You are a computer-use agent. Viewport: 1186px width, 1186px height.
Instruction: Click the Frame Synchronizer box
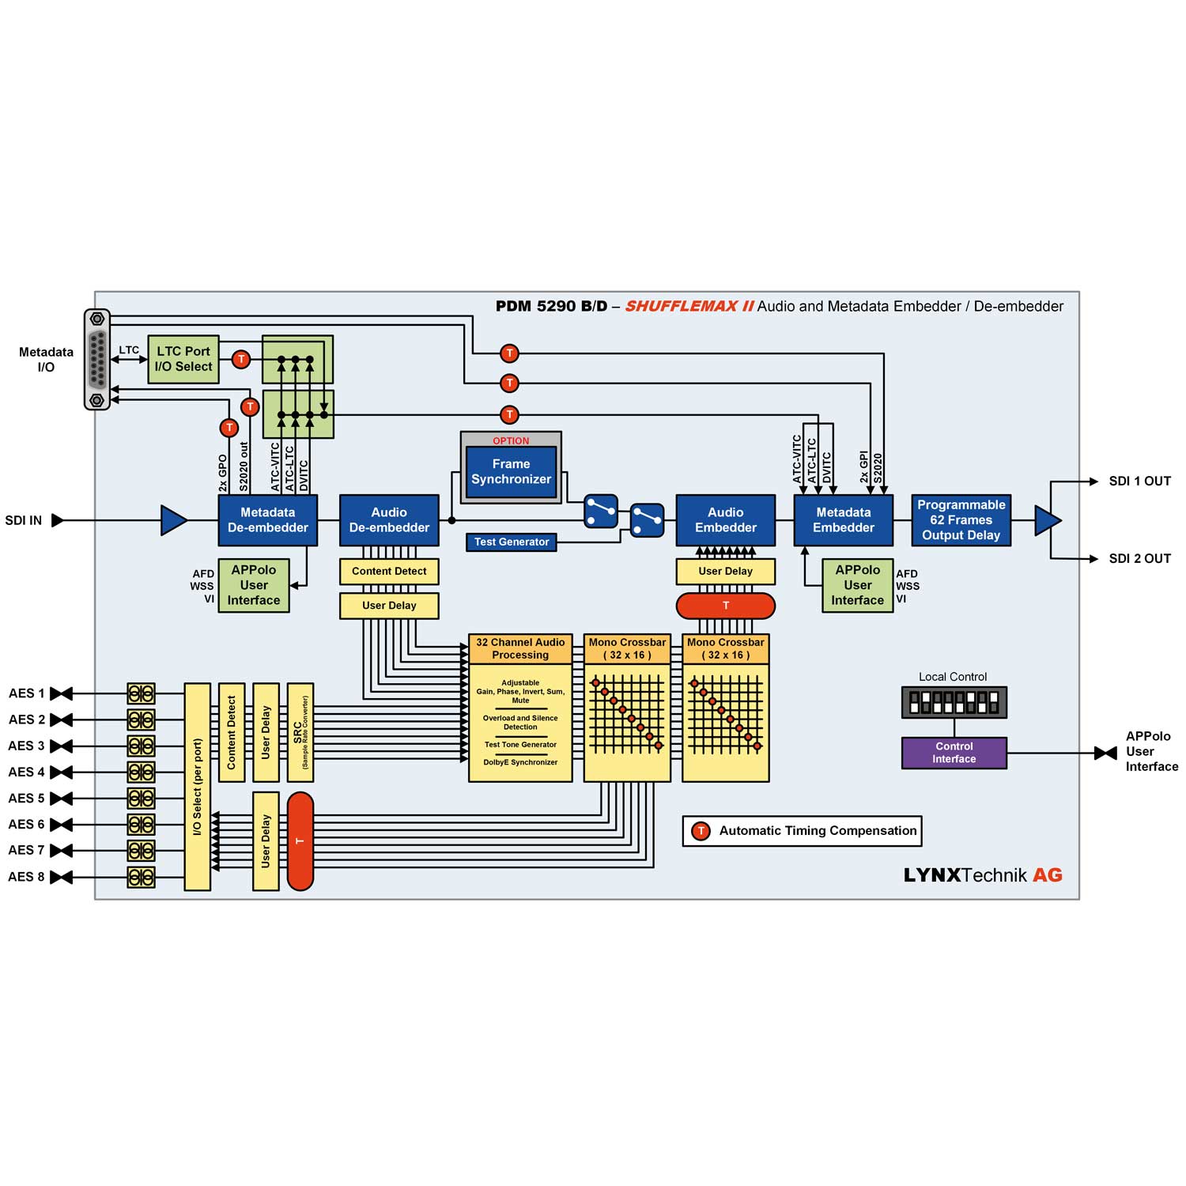(x=511, y=472)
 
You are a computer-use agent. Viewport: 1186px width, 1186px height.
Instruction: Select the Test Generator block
(x=511, y=542)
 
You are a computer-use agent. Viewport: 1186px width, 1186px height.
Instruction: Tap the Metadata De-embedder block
(x=267, y=520)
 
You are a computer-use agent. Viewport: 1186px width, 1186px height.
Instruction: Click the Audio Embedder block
(x=725, y=520)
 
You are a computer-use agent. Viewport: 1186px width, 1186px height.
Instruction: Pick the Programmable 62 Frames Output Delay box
(x=961, y=520)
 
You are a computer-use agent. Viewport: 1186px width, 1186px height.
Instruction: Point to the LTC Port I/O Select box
(x=183, y=359)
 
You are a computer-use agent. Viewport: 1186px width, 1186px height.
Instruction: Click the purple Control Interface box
(x=954, y=753)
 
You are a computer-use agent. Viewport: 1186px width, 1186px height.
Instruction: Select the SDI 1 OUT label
(x=1139, y=482)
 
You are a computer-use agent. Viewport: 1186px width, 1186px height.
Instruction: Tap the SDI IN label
(x=24, y=520)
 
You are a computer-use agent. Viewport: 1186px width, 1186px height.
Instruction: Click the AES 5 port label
(x=26, y=799)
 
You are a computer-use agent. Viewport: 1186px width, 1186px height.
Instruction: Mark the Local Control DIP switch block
(x=954, y=702)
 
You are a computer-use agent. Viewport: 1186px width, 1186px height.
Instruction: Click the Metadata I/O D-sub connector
(x=97, y=359)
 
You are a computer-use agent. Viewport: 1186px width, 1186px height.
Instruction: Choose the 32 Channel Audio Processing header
(x=520, y=649)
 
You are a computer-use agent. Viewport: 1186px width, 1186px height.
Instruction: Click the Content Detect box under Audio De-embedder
(x=389, y=572)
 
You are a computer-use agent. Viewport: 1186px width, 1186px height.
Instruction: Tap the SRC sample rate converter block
(x=300, y=732)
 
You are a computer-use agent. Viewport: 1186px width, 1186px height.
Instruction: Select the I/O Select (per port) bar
(x=197, y=787)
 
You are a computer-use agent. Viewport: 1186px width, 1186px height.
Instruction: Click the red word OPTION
(x=511, y=441)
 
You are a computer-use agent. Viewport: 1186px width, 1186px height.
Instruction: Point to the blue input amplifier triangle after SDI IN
(x=173, y=520)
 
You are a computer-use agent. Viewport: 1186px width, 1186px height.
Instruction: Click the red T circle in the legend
(x=701, y=831)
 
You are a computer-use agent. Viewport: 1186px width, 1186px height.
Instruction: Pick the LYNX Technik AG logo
(x=983, y=875)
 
